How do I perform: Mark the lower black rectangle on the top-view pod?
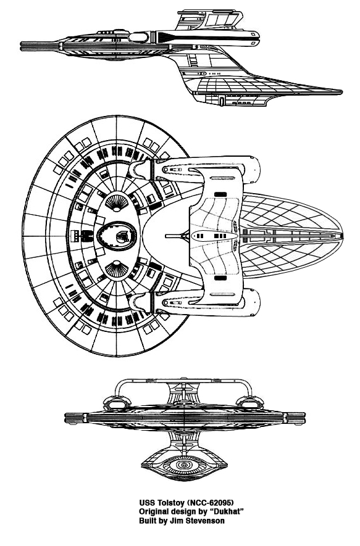220,278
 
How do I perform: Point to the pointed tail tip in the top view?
343,236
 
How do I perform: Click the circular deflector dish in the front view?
183,465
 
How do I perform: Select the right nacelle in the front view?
250,402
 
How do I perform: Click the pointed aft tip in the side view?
341,93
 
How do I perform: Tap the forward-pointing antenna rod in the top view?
174,236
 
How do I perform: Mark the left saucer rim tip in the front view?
66,418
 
